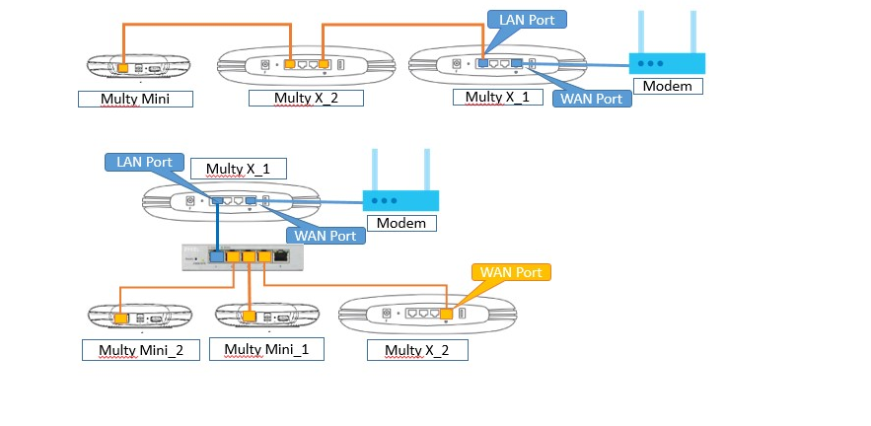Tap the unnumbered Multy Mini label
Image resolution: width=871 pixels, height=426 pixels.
[133, 99]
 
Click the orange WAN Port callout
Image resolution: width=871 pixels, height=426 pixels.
[510, 270]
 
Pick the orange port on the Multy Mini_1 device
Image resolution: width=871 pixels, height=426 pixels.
[251, 317]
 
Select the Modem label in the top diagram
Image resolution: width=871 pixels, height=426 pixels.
[668, 86]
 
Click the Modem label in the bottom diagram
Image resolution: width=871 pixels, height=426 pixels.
[401, 222]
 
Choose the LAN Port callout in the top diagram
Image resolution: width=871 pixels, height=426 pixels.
[527, 19]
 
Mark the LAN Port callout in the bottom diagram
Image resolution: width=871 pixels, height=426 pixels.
[145, 162]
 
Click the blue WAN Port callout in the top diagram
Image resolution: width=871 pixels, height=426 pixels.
[590, 99]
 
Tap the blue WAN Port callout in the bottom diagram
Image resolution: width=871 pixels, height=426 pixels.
[325, 235]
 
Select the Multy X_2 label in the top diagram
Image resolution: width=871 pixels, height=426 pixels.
[305, 97]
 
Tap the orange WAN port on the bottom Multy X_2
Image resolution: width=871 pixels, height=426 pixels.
[446, 315]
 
